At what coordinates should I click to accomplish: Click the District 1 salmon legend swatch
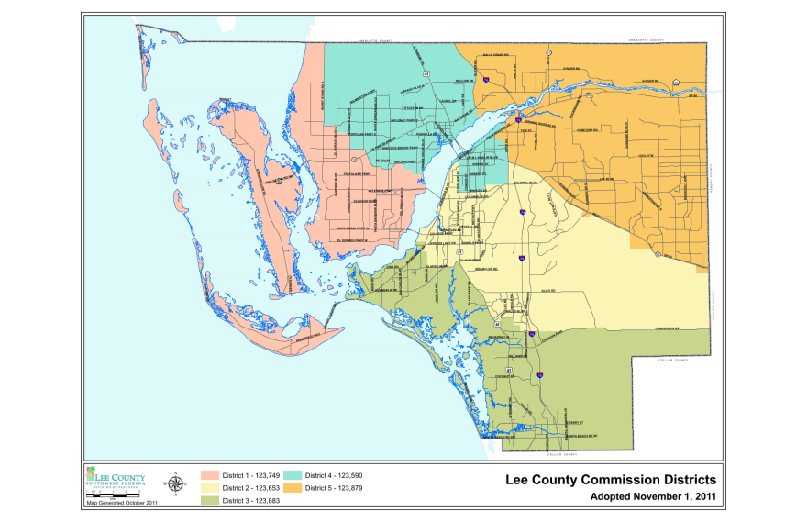click(x=210, y=475)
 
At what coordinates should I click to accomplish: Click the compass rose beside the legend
click(x=174, y=483)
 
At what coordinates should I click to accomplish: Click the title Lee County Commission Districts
click(x=611, y=480)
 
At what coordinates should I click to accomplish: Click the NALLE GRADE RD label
click(x=495, y=56)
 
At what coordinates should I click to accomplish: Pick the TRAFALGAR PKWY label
click(x=355, y=174)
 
